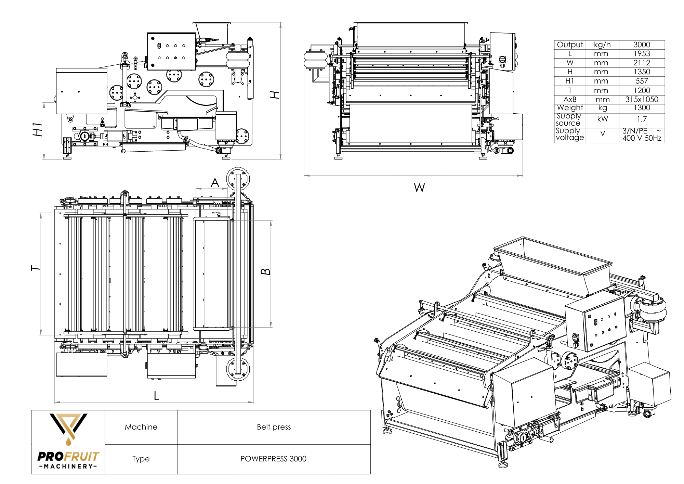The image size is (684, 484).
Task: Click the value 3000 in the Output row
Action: (641, 44)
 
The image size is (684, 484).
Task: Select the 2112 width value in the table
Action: (641, 63)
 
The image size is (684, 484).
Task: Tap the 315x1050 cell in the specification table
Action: (641, 100)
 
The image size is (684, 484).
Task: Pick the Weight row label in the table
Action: (570, 108)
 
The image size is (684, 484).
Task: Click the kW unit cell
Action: (602, 119)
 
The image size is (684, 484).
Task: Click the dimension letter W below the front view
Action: (419, 188)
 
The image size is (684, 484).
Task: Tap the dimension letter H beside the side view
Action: (275, 95)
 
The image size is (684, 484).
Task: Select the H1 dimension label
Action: (38, 129)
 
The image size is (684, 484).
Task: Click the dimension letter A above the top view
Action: (215, 183)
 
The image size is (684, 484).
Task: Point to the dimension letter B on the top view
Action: (266, 272)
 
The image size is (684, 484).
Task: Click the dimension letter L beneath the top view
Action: (156, 396)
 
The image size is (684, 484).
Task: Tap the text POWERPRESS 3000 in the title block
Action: (273, 459)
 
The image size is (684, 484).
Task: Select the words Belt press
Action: (274, 427)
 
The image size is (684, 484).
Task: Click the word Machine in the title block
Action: (141, 427)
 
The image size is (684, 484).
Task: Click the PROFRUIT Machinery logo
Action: (68, 442)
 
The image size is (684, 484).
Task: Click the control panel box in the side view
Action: (171, 51)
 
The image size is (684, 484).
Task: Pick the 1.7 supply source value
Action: (642, 119)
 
